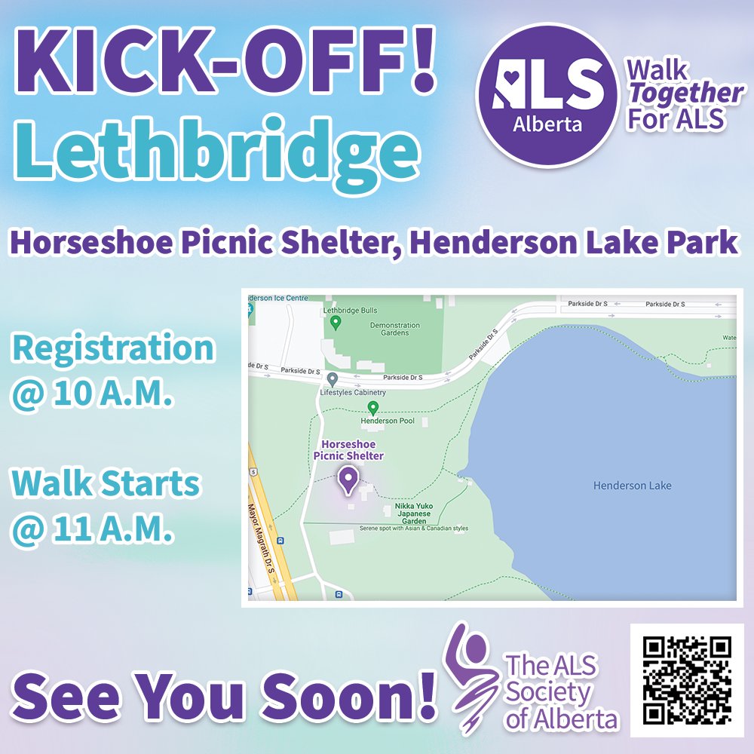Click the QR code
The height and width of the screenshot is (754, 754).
point(687,680)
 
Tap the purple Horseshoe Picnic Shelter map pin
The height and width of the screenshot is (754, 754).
point(348,480)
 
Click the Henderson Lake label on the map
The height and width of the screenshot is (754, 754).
point(632,486)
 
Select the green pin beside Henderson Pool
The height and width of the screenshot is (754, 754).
point(372,408)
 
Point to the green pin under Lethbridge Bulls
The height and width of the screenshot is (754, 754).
point(336,323)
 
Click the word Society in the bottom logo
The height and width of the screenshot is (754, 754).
point(547,692)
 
